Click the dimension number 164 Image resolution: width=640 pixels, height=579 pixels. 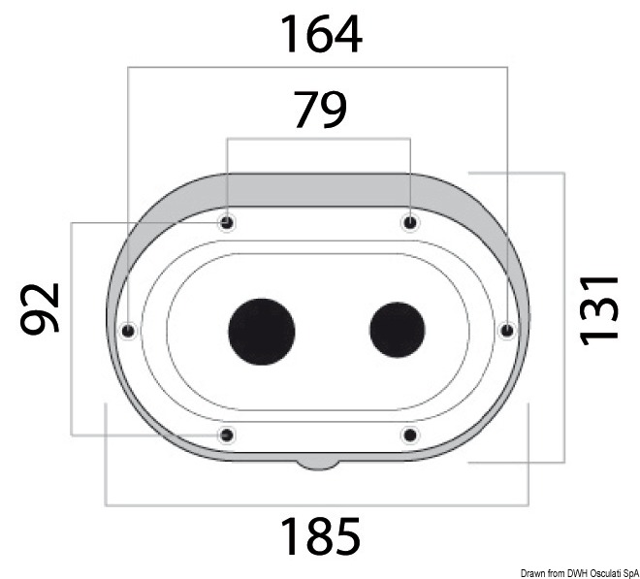(321, 34)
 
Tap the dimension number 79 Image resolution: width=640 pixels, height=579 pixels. (320, 110)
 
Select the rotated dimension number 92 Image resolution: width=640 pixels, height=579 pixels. (40, 308)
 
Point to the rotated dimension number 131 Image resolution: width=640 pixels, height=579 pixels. (598, 310)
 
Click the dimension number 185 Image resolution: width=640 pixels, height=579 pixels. (320, 535)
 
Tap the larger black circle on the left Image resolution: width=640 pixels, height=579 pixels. (262, 331)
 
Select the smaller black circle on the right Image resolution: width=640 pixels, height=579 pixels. (398, 330)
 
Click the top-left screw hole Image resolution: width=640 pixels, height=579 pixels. (227, 223)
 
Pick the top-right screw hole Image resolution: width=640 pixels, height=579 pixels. (410, 223)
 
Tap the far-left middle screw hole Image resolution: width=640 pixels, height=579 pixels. (128, 330)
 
